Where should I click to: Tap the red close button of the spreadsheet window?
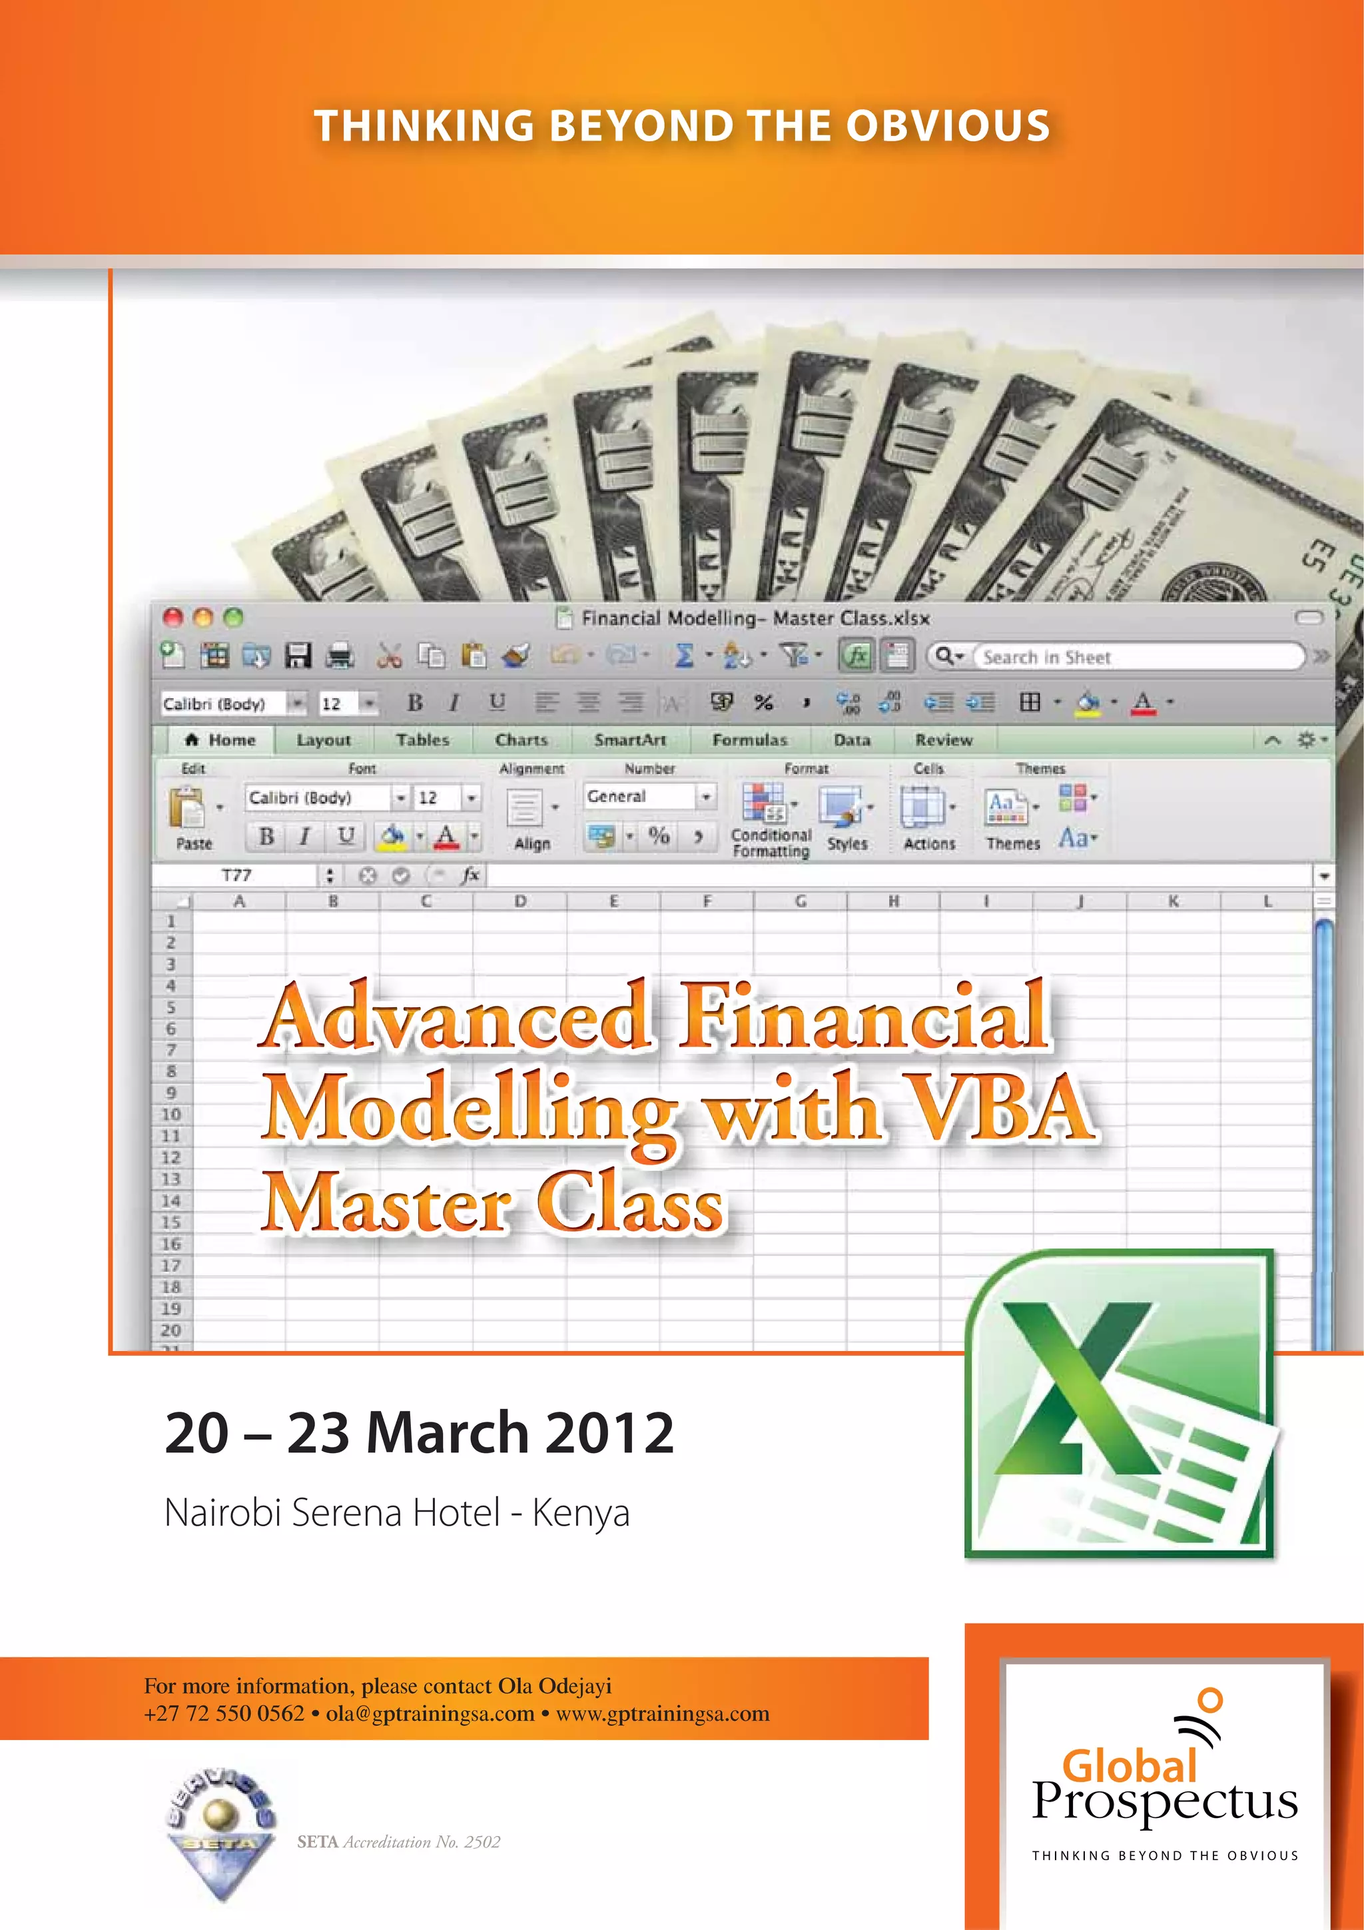click(173, 618)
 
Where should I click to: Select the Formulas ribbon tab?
click(750, 739)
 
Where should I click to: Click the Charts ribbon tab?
click(521, 739)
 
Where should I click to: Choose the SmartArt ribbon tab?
click(630, 739)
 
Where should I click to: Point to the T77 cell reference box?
click(237, 875)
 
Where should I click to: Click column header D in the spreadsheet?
click(520, 901)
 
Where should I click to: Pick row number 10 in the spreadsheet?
click(170, 1115)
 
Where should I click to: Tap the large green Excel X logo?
click(1118, 1402)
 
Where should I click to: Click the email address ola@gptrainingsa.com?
click(430, 1714)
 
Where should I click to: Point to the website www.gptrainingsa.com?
click(662, 1714)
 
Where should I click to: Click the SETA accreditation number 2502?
click(482, 1842)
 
